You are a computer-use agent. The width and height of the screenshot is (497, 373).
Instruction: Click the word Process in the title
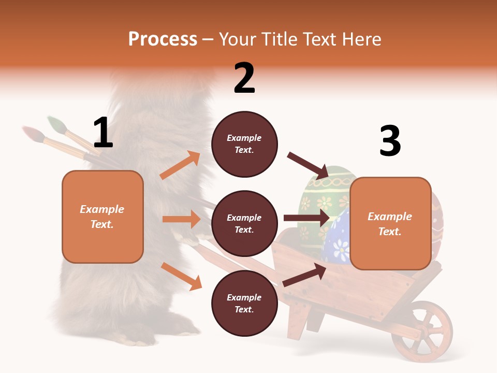(163, 39)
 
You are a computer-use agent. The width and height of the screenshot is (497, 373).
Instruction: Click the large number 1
(103, 133)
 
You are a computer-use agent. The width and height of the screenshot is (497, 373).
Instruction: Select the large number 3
(390, 141)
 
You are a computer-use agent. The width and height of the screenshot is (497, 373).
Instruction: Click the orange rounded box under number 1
(103, 217)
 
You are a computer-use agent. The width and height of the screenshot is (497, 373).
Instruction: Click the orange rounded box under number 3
(390, 223)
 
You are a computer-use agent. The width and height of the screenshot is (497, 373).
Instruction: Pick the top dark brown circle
(244, 144)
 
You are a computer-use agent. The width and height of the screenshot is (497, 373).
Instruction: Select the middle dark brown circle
(244, 223)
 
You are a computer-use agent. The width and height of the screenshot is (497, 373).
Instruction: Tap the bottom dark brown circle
(244, 303)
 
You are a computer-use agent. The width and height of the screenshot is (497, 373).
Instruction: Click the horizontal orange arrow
(181, 219)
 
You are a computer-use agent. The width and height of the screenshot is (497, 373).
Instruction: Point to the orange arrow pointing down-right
(181, 276)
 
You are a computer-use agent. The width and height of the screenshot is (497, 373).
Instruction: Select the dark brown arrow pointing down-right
(308, 166)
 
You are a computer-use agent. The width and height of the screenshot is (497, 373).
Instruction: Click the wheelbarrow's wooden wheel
(421, 331)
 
